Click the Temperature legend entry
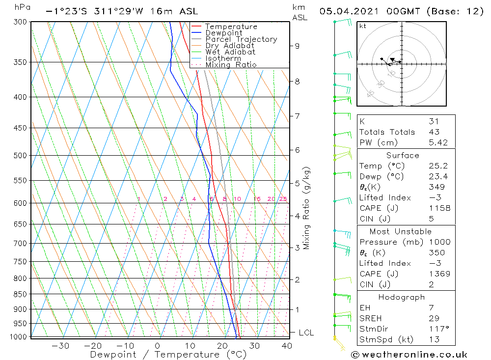tap(231, 27)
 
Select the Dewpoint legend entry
tap(224, 33)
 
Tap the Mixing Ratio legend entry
tap(231, 64)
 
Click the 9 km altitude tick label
tap(297, 46)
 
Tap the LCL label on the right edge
tap(306, 332)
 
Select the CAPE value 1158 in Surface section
tap(439, 208)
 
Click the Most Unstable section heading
tap(400, 231)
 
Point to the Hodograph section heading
tap(401, 297)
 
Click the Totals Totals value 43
tap(434, 132)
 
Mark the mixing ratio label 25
tap(283, 199)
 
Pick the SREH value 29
tap(434, 318)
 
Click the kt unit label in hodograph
tap(362, 26)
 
